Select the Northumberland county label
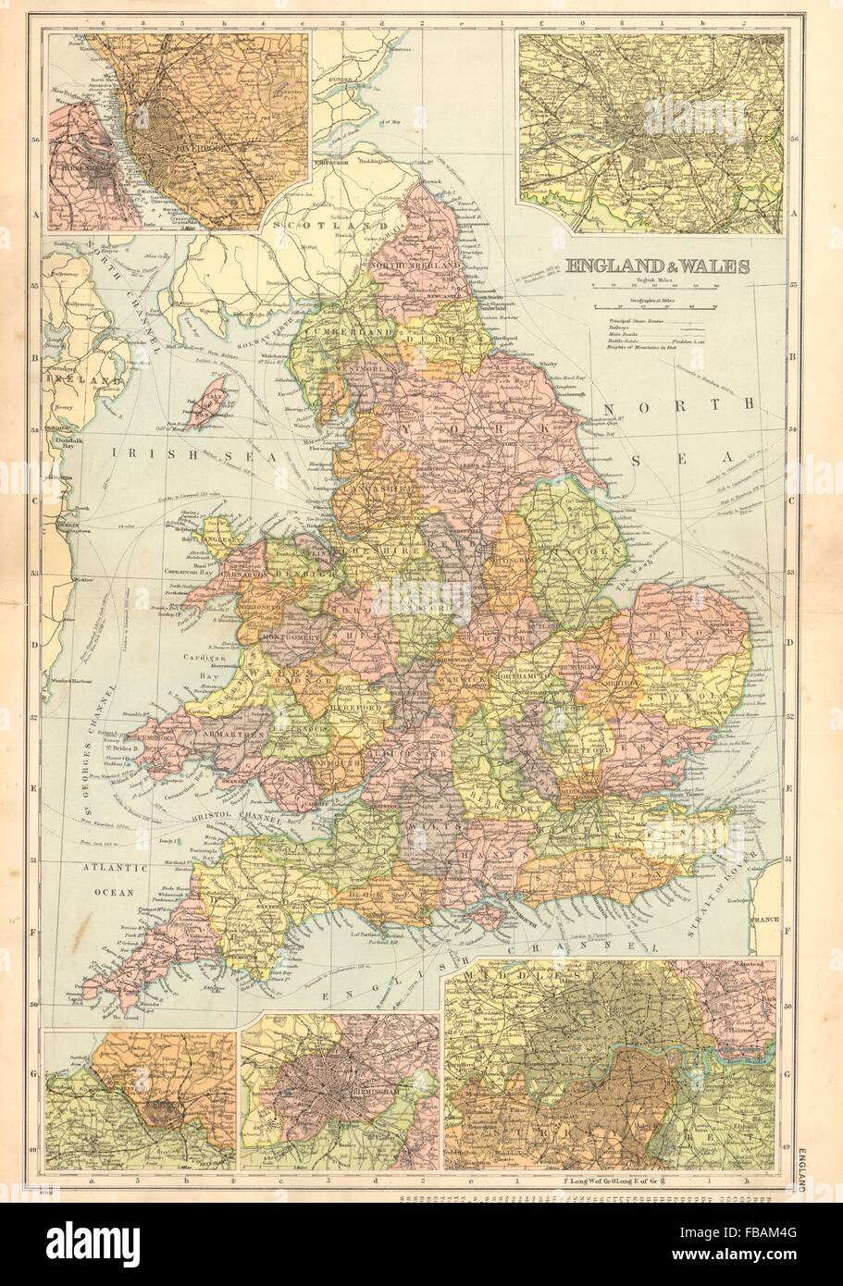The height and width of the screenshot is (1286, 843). tap(416, 266)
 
